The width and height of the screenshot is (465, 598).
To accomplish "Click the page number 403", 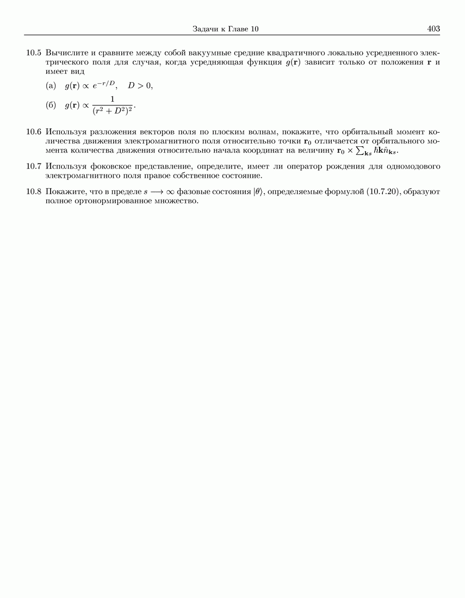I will coord(433,29).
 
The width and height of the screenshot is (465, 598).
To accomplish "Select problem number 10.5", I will coord(34,53).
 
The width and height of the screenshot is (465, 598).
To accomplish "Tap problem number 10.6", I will coord(34,132).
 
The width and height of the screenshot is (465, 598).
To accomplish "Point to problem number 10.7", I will coord(34,166).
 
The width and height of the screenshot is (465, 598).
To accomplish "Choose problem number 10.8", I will coord(34,191).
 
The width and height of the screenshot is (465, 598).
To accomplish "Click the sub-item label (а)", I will coord(51,86).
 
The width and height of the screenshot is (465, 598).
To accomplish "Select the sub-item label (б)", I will coord(51,105).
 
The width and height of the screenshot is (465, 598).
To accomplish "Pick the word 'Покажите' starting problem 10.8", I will coord(64,191).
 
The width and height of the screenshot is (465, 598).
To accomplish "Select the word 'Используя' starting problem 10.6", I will coord(66,132).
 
